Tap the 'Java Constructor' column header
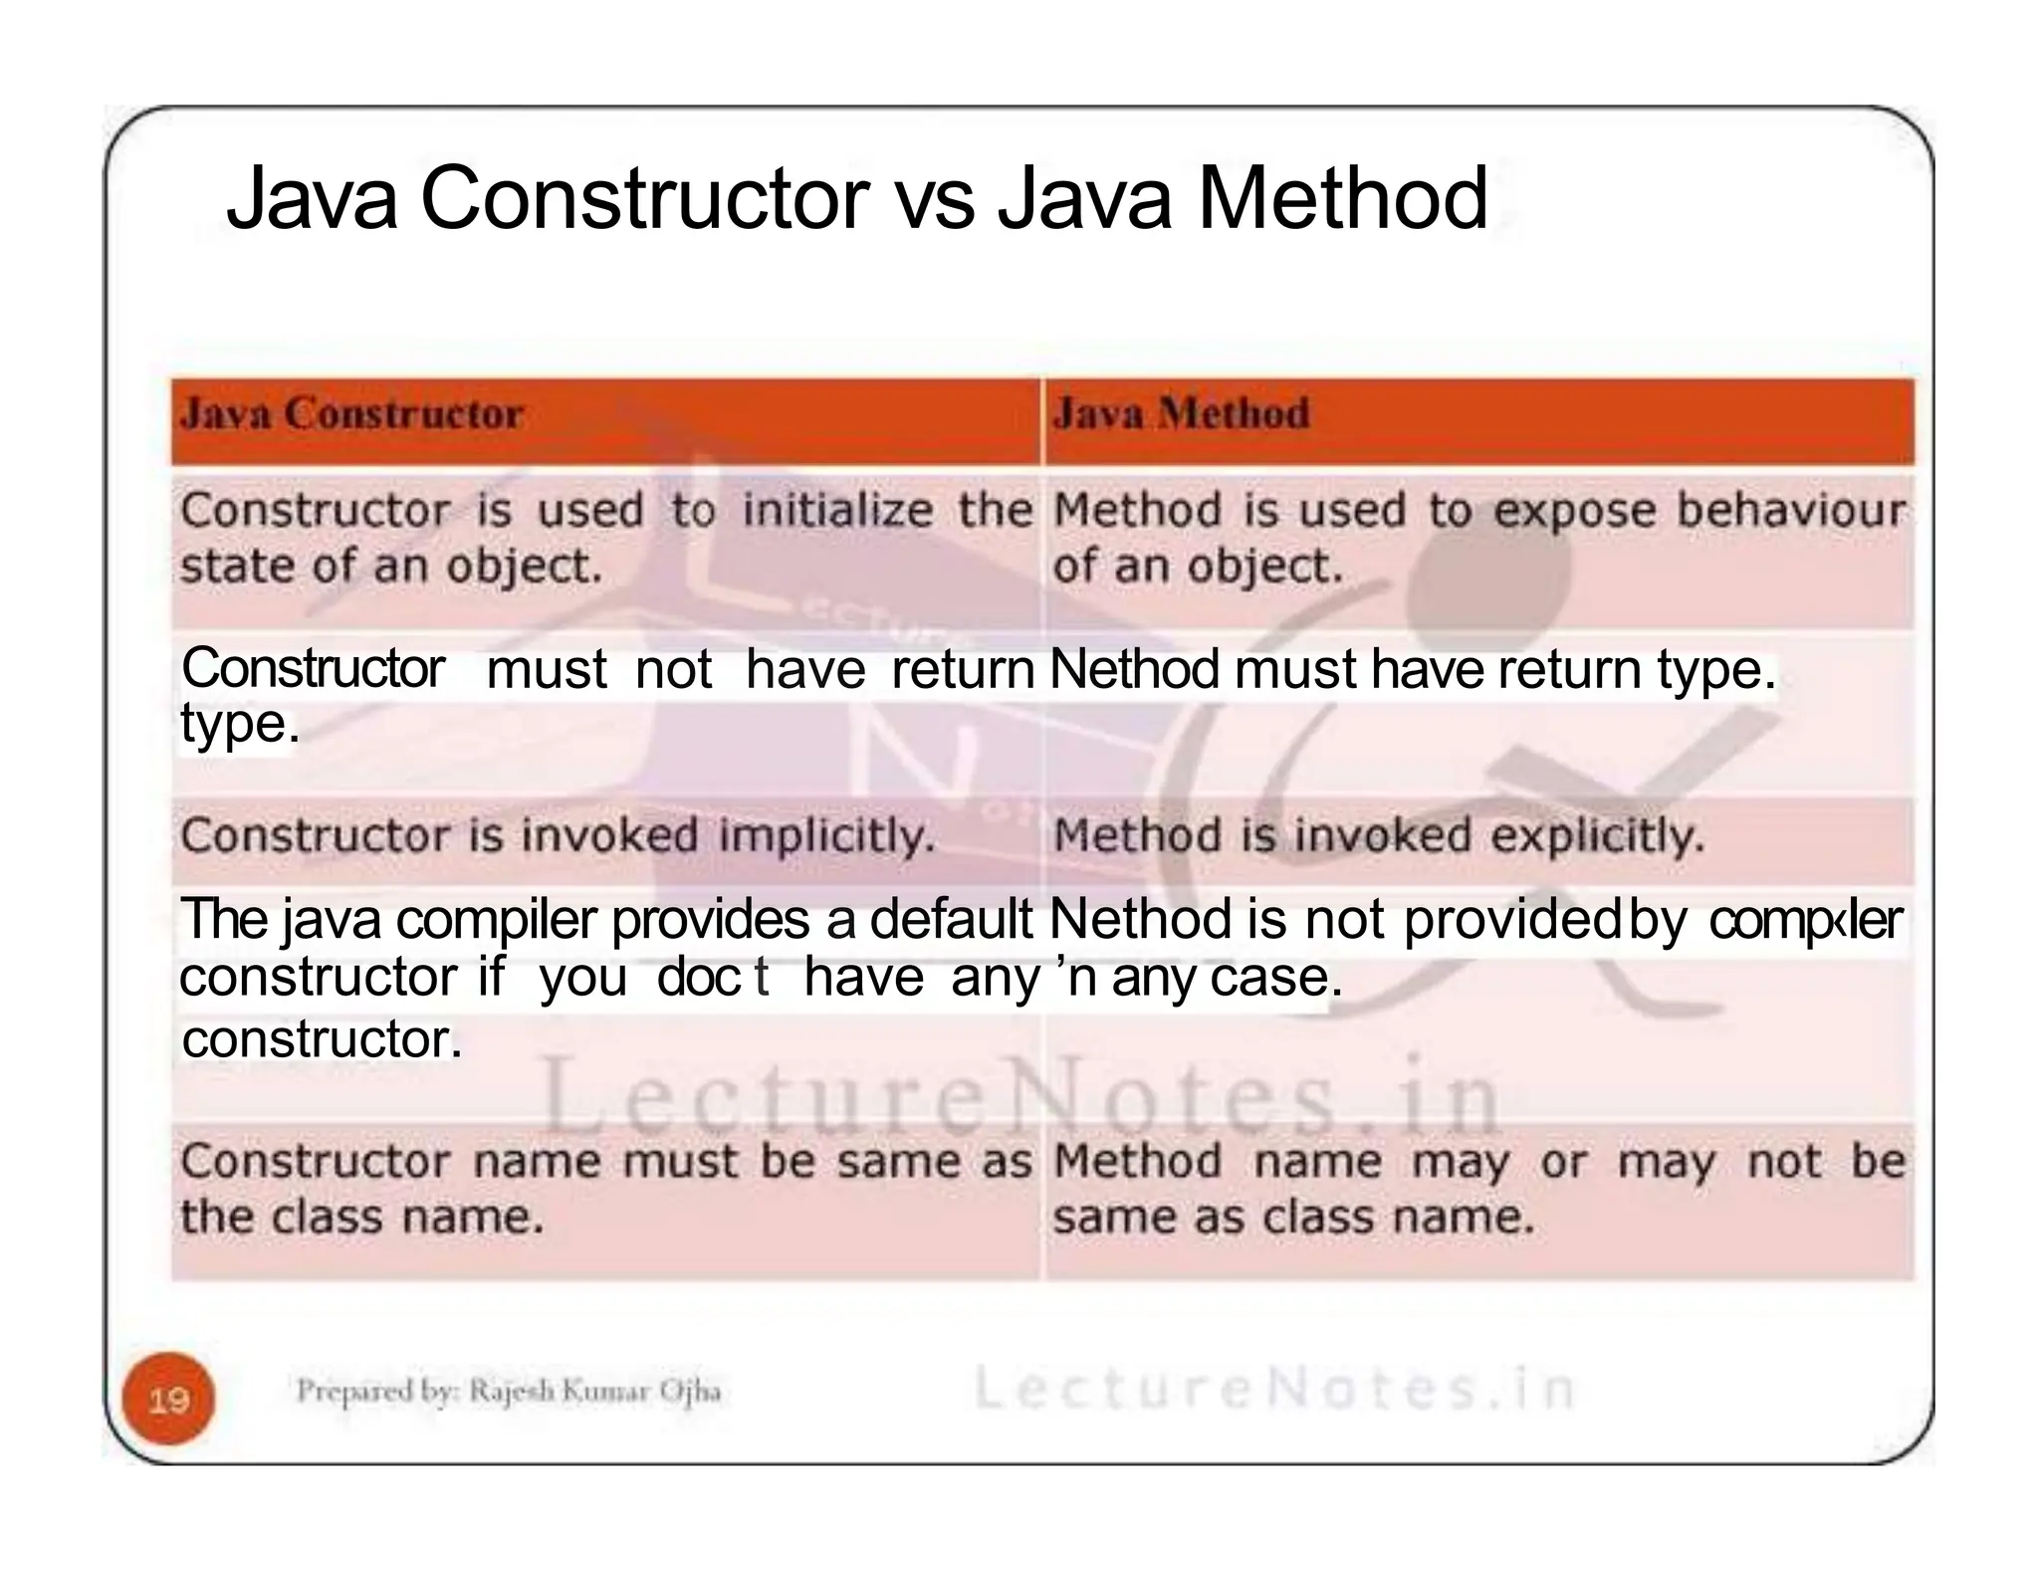(351, 414)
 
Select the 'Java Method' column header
(1181, 414)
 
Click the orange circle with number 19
(168, 1400)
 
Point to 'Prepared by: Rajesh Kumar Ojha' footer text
(508, 1391)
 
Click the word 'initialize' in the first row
(837, 511)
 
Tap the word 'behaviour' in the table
(1790, 511)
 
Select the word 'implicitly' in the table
(826, 835)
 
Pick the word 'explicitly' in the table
(1597, 835)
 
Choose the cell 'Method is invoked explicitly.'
(1379, 835)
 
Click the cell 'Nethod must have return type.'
(1412, 669)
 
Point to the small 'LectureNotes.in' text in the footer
(1273, 1389)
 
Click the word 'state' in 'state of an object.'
(238, 566)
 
